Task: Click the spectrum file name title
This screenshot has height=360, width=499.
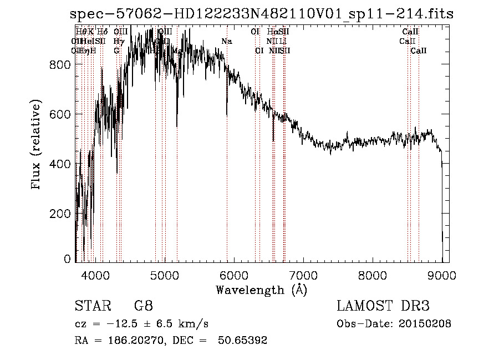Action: click(x=262, y=14)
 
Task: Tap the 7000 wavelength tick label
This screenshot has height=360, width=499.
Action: click(x=303, y=275)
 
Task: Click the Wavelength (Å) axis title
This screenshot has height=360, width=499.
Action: click(x=261, y=290)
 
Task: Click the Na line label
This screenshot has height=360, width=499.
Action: click(x=227, y=42)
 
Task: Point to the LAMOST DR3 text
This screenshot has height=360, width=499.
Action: click(x=383, y=306)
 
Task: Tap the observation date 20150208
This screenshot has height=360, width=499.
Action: click(x=426, y=323)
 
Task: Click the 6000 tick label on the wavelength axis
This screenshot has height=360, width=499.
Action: click(x=234, y=275)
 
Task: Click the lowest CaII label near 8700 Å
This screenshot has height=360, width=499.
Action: click(x=419, y=50)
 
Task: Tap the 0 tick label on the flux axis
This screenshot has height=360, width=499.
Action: click(x=67, y=258)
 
